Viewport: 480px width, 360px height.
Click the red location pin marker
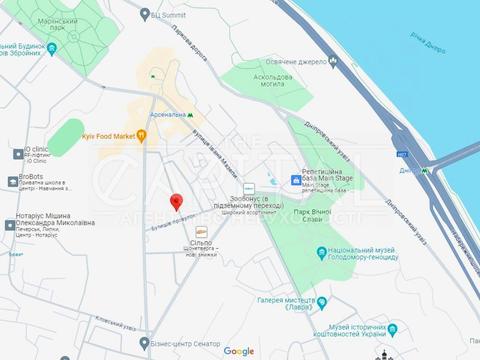(x=177, y=201)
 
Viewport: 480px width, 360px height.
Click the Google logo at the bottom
(x=239, y=350)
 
